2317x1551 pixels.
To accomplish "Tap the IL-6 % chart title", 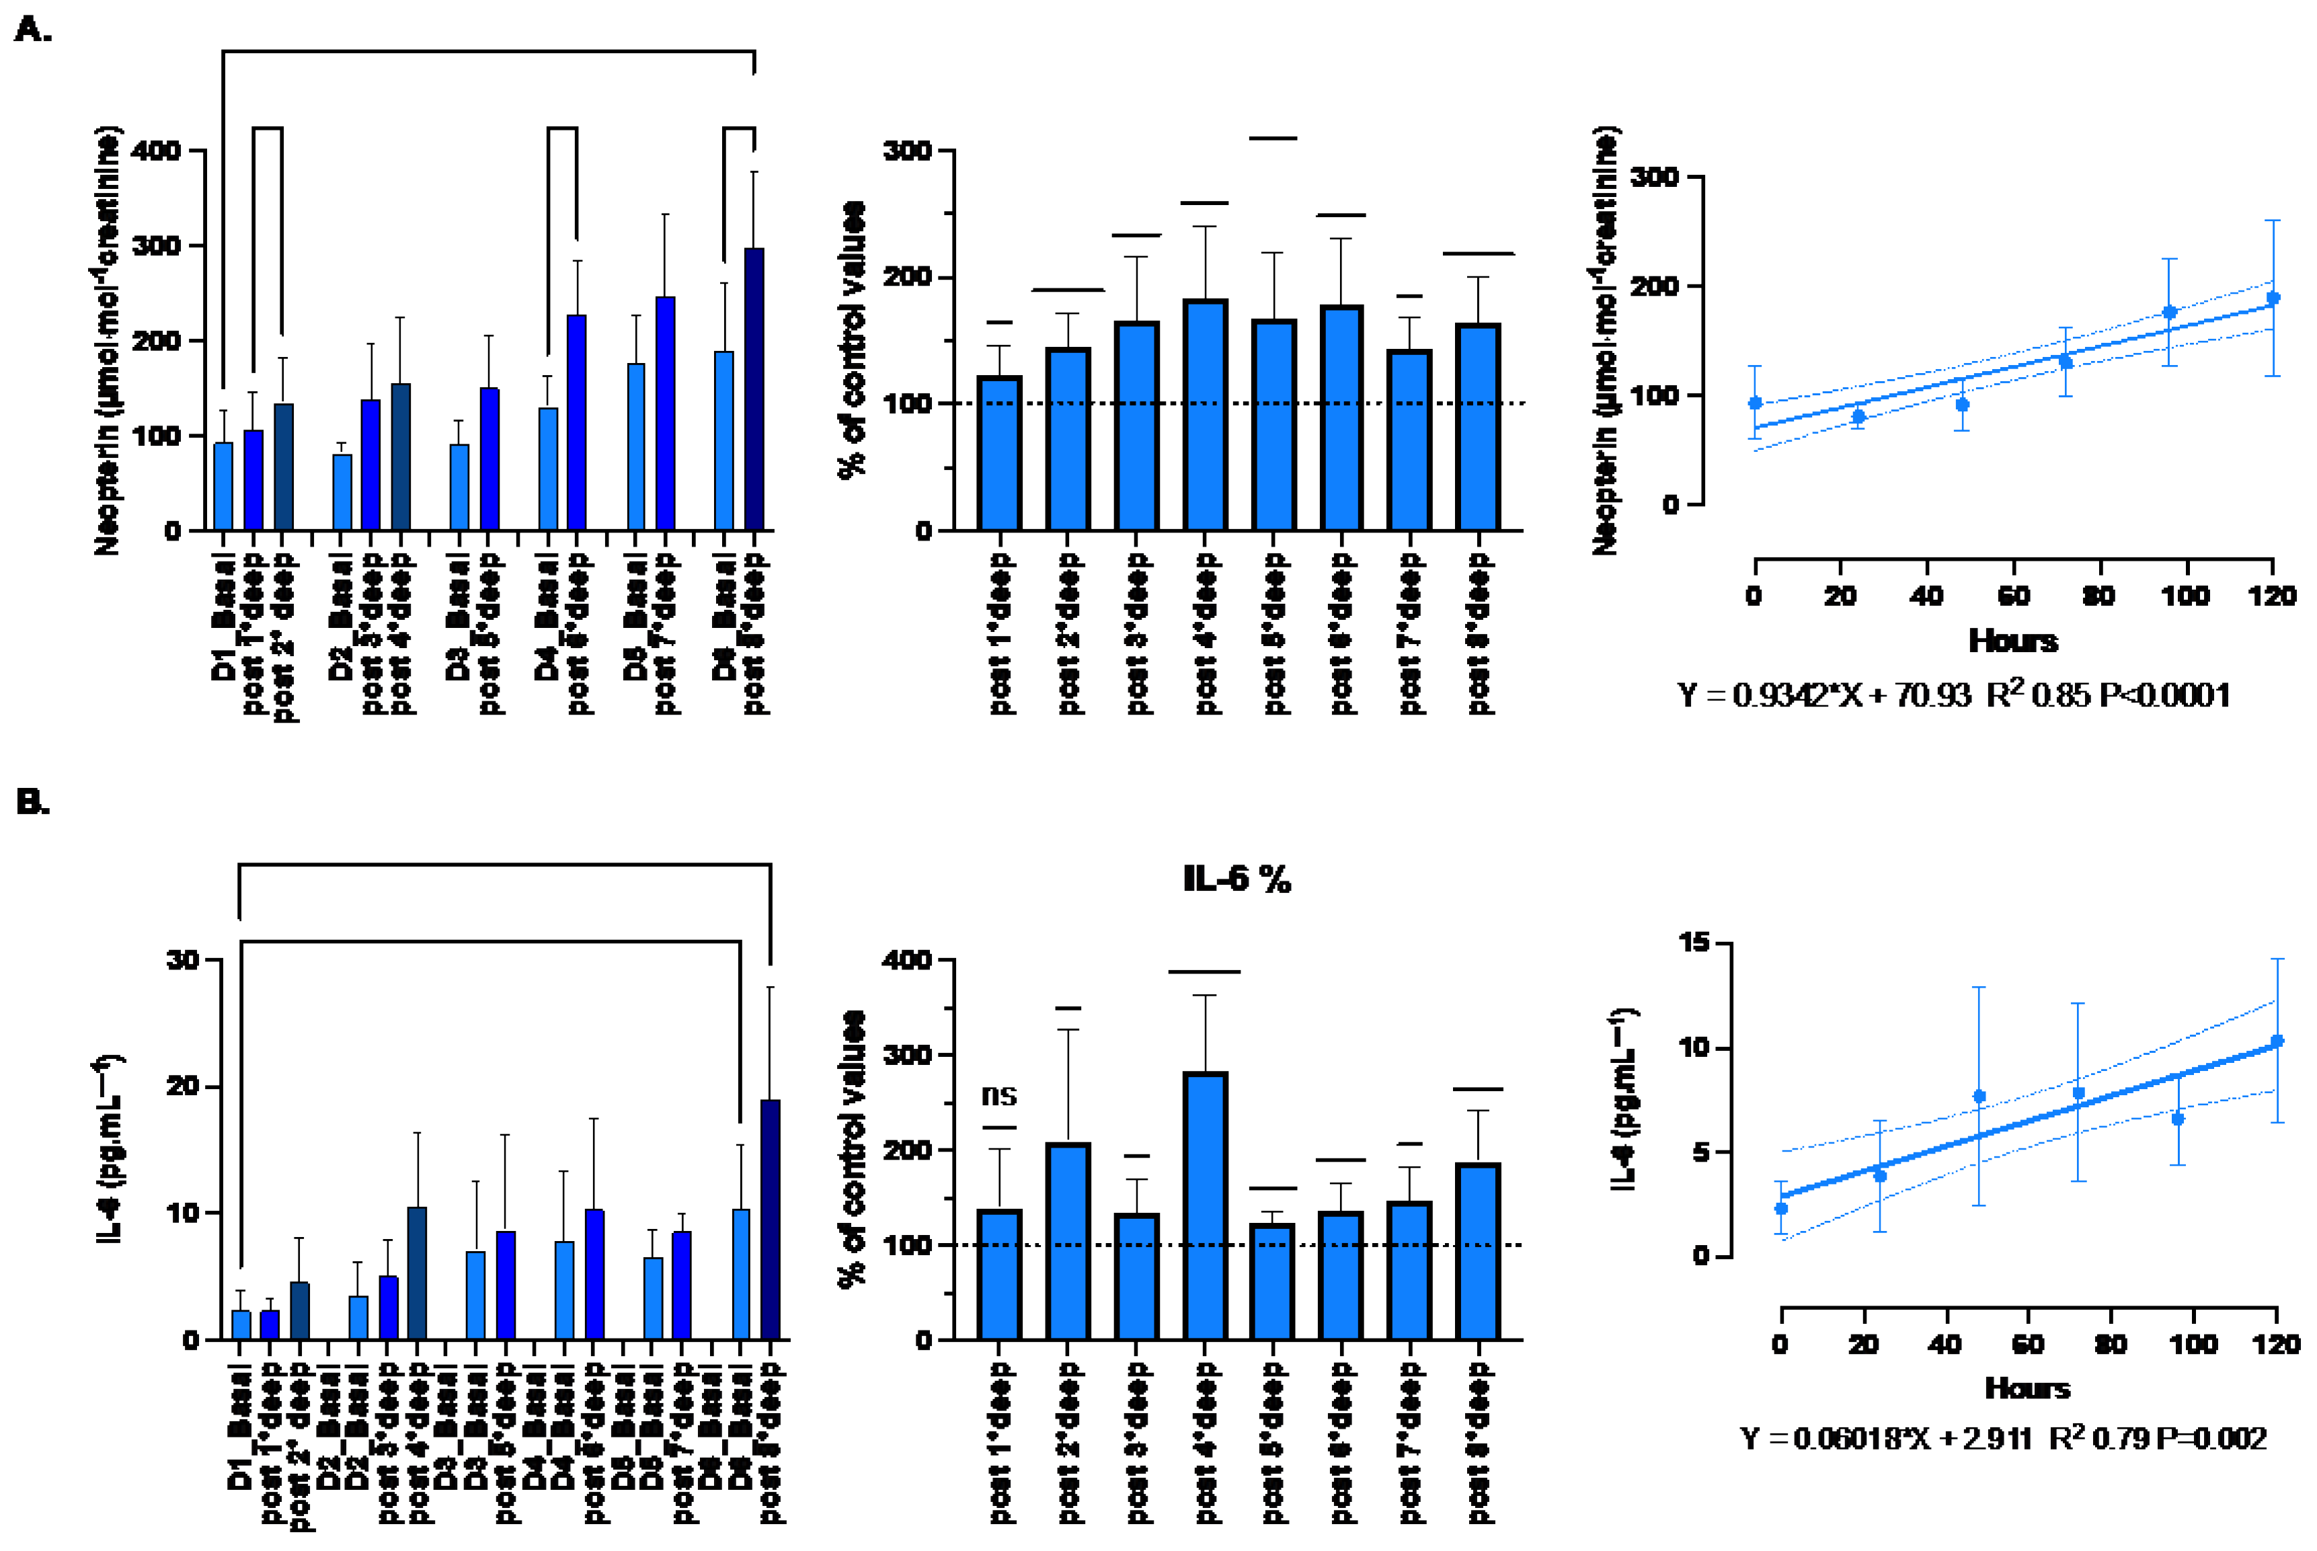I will tap(1236, 879).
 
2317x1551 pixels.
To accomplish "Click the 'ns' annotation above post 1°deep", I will tap(998, 1095).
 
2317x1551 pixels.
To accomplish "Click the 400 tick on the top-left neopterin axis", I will tap(156, 151).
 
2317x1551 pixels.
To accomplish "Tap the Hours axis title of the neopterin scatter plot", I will tap(2012, 641).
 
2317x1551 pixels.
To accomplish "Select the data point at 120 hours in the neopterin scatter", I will tap(2273, 298).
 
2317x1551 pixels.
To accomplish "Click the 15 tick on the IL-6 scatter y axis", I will tap(1694, 943).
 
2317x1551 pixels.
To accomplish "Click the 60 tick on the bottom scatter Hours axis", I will tap(2028, 1344).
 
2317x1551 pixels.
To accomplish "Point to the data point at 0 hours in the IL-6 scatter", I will tap(1781, 1207).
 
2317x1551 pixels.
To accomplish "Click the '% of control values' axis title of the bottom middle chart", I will tap(851, 1148).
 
